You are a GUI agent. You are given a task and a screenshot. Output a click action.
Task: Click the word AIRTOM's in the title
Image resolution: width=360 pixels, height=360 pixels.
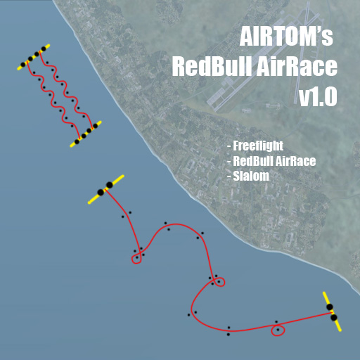(x=286, y=37)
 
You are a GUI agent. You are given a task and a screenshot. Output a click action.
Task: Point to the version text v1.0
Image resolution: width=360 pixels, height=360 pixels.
(x=318, y=96)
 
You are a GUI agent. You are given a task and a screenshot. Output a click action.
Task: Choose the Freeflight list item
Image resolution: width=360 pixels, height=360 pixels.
(x=255, y=146)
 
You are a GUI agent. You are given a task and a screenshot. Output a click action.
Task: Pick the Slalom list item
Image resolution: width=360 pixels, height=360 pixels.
(x=248, y=176)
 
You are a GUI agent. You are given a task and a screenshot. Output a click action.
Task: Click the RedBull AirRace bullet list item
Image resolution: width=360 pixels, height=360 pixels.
(x=271, y=161)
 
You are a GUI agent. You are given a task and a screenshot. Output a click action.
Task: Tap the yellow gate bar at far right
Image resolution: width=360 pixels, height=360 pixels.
(x=332, y=311)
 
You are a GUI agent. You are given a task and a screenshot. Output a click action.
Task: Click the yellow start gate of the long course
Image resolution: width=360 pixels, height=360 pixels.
(x=106, y=189)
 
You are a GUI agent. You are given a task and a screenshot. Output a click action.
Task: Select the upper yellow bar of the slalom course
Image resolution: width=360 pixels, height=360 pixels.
(x=34, y=57)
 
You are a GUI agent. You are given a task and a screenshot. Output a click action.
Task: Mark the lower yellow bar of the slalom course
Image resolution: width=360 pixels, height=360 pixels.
(x=86, y=134)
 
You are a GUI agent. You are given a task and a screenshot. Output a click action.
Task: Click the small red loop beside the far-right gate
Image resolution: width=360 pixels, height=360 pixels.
(x=278, y=330)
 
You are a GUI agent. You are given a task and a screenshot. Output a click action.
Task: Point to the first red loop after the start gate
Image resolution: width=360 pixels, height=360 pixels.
(x=136, y=259)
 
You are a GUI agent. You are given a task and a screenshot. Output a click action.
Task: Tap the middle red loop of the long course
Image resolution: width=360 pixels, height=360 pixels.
(x=219, y=282)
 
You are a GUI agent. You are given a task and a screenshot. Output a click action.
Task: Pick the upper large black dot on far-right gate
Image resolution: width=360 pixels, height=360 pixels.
(x=330, y=307)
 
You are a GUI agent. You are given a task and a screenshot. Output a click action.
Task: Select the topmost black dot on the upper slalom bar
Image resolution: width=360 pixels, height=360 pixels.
(x=44, y=49)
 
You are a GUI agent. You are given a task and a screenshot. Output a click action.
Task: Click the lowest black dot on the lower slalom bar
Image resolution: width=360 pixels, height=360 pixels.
(x=77, y=141)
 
